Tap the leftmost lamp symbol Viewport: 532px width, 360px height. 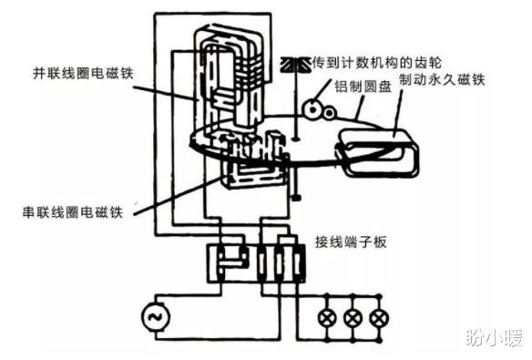pos(327,318)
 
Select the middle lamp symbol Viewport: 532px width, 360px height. pos(352,318)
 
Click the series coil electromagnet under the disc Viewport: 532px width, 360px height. pos(246,169)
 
